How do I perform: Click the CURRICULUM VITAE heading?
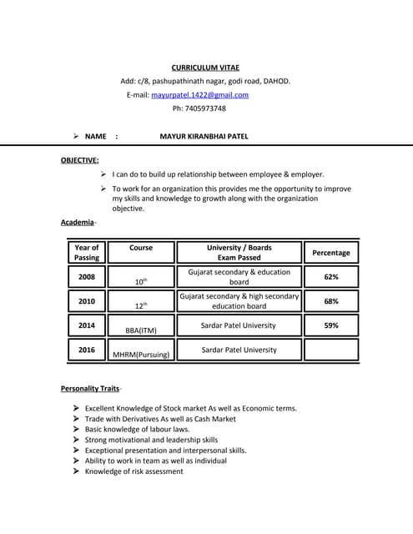coord(205,67)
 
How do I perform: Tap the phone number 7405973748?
coord(199,108)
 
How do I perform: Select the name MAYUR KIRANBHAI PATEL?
coord(204,135)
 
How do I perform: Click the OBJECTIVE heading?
coord(79,159)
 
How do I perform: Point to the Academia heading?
coord(78,222)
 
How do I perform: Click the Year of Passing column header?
coord(87,252)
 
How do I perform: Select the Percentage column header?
coord(330,252)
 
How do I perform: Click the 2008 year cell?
coord(87,276)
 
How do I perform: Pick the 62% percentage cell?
coord(330,276)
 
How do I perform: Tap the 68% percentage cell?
coord(330,300)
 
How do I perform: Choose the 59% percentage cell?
coord(330,325)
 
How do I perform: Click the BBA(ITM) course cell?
coord(141,330)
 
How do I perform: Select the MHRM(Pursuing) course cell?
coord(141,355)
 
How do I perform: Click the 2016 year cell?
coord(87,350)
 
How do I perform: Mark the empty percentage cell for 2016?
coord(330,350)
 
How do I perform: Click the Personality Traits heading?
coord(90,389)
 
